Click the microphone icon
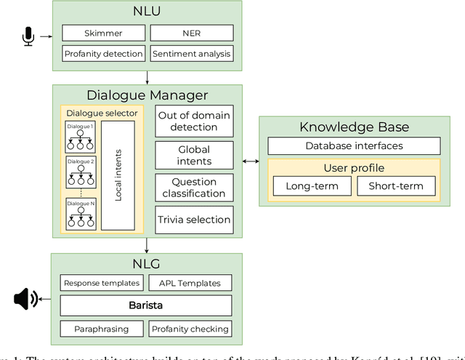pos(28,36)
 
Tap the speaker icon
pos(25,298)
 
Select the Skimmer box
pos(102,33)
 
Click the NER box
pos(192,33)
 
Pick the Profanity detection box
pos(102,53)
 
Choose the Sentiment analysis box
pos(192,53)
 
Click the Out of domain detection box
pos(195,121)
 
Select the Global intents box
pos(195,154)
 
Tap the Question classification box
pos(195,188)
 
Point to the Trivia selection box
pos(195,220)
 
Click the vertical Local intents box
pos(118,175)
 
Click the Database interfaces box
pos(354,145)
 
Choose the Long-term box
pos(311,185)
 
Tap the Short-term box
pos(395,185)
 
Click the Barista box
pos(147,305)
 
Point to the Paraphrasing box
pos(102,329)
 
